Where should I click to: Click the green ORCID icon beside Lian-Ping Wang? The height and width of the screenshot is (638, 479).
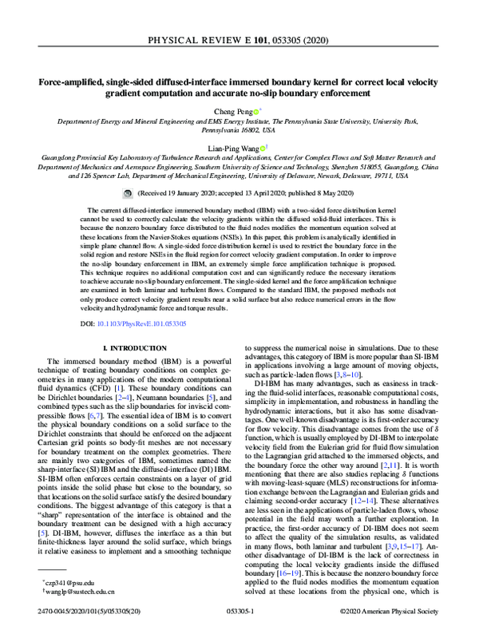tap(266, 147)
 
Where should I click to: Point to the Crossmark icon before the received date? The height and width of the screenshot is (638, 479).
tap(129, 194)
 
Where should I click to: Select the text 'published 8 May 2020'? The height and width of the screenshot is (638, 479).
tap(314, 194)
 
